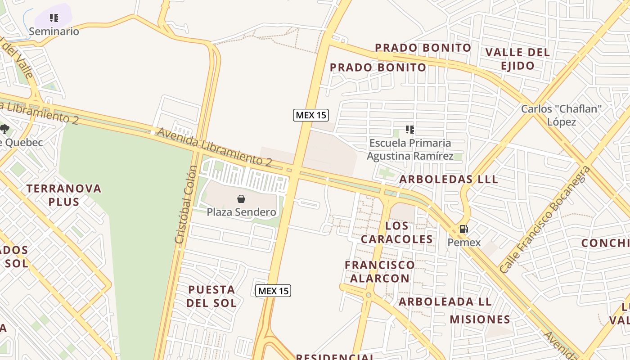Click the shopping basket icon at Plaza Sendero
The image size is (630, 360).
241,199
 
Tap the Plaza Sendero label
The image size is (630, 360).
241,211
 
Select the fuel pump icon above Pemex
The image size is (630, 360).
463,229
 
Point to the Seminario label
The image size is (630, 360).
54,31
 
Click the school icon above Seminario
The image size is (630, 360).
54,18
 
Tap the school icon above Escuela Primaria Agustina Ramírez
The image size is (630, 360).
409,130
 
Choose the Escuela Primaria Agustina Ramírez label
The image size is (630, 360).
410,149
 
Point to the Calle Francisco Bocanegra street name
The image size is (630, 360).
544,219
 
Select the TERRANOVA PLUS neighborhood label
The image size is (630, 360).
64,195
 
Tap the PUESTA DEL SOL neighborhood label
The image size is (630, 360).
211,296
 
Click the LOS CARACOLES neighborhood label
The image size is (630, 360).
397,232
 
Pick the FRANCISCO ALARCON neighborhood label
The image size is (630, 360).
380,272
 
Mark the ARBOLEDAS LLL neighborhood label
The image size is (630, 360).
449,179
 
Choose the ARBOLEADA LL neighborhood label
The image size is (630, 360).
445,301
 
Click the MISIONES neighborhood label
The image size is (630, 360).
480,319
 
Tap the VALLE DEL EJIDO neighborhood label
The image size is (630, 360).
517,59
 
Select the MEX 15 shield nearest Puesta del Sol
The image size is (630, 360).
273,291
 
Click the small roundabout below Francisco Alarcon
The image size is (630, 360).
369,295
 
